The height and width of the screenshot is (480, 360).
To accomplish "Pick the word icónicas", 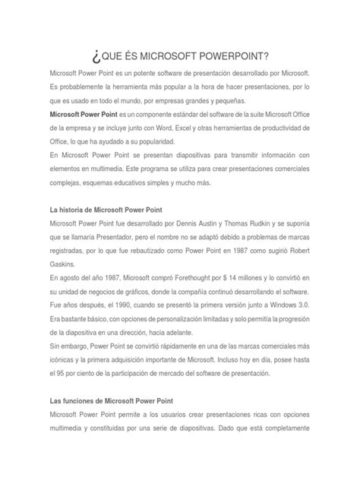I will (63, 358).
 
